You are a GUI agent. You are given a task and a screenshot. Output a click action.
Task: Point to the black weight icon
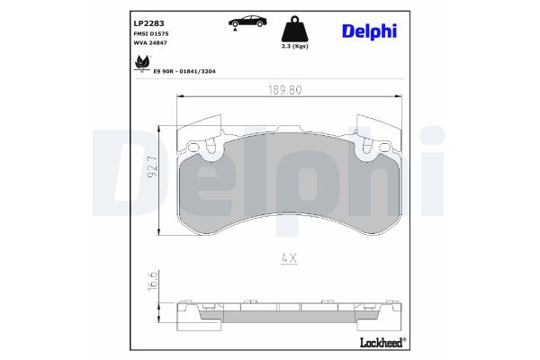coord(294,27)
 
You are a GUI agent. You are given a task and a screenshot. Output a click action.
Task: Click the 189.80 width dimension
coord(287,90)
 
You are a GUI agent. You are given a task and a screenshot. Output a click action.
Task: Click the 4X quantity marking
coord(288,257)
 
